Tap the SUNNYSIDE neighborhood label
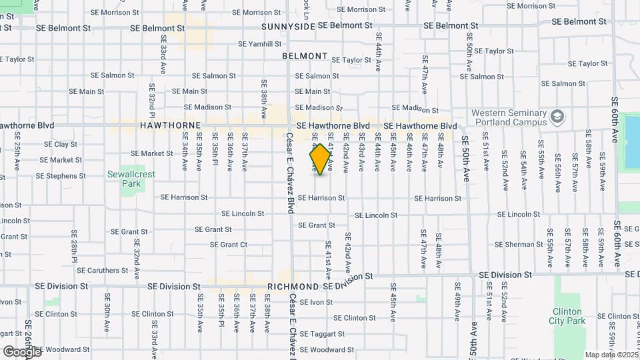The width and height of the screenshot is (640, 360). [287, 26]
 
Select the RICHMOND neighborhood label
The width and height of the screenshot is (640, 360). [293, 286]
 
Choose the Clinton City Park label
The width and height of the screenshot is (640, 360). [567, 316]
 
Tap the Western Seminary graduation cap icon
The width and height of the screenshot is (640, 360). [557, 118]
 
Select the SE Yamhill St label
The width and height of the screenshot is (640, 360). [260, 44]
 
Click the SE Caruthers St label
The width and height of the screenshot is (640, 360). [102, 271]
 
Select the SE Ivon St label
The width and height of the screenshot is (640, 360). [316, 302]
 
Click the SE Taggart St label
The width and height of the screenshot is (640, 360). [322, 334]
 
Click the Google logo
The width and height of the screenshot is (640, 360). [22, 351]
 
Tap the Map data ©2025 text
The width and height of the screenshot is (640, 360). [611, 355]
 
